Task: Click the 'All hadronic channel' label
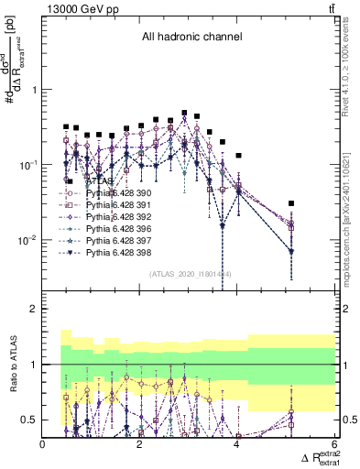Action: [191, 38]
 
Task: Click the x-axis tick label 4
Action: [236, 444]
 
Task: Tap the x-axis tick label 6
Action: [333, 444]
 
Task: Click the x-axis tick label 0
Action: [43, 444]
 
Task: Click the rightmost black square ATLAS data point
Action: [291, 203]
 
